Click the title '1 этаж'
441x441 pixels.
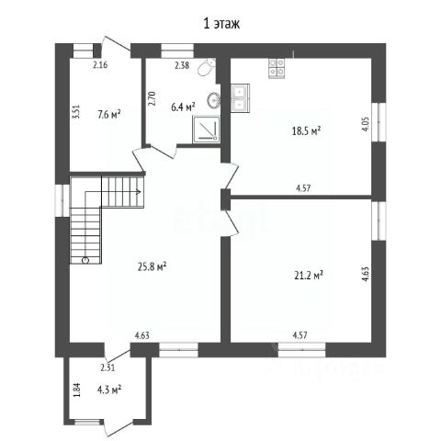click(x=221, y=24)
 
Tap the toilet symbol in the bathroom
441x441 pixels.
click(x=206, y=67)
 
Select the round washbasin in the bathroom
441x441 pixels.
click(x=213, y=100)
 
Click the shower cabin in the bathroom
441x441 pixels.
click(x=206, y=129)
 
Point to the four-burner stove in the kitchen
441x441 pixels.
click(x=277, y=68)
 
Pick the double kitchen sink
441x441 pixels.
click(x=240, y=98)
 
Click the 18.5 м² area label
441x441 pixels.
click(x=306, y=131)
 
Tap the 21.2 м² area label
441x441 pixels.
click(x=309, y=276)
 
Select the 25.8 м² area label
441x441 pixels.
click(x=152, y=267)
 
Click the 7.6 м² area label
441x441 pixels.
click(x=108, y=115)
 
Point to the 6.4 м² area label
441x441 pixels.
click(x=183, y=107)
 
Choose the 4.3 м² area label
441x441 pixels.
click(x=109, y=390)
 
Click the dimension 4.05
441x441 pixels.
click(x=366, y=124)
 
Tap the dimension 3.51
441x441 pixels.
click(x=75, y=112)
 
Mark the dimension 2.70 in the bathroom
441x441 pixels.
click(x=153, y=98)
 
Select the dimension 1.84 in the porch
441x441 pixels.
click(x=76, y=390)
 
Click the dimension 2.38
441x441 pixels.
click(x=182, y=65)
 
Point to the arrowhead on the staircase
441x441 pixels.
click(x=139, y=192)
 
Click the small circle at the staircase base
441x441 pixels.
click(x=85, y=260)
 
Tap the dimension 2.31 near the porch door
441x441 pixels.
click(x=107, y=367)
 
